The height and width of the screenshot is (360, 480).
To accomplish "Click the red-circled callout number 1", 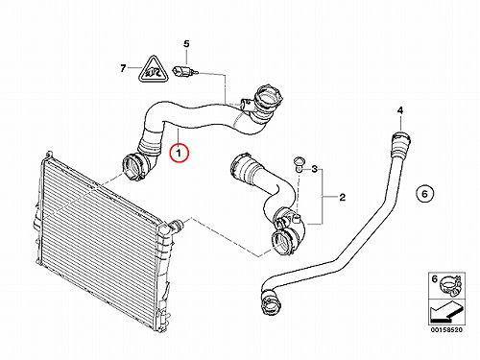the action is tap(180, 153).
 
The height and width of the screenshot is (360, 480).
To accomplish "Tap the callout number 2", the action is tap(343, 197).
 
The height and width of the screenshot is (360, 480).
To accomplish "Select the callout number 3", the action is tap(315, 169).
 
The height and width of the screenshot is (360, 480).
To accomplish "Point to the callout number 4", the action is tap(400, 110).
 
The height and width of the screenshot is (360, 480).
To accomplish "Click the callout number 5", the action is tap(186, 44).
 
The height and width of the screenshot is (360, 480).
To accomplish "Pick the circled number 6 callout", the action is tap(424, 194).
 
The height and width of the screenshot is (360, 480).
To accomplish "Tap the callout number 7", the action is tap(123, 68).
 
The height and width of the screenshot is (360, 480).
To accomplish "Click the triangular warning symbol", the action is tap(154, 71).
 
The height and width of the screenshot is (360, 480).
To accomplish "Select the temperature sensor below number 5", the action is tap(185, 71).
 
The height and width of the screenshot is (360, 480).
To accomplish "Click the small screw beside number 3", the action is tap(299, 164).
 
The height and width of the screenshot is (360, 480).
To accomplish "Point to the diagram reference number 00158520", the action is tap(446, 329).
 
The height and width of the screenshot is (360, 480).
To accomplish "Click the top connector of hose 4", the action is tap(400, 143).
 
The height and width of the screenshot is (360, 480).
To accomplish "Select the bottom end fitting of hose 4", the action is tap(271, 301).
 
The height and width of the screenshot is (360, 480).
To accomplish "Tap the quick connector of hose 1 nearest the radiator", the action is tap(134, 166).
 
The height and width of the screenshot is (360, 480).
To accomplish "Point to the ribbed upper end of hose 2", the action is tap(244, 166).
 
